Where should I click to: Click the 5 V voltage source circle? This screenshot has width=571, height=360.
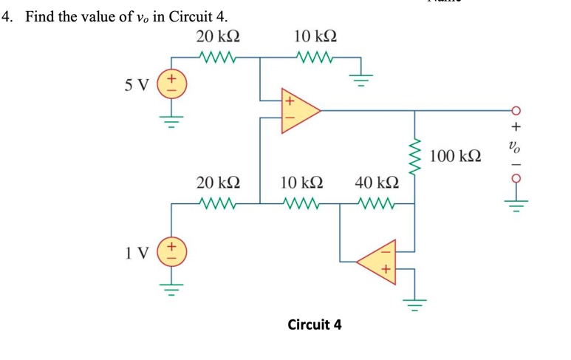coord(171,83)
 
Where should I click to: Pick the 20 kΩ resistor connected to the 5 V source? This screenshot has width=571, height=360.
coord(217,56)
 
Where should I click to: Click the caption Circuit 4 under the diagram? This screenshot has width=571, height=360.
coord(314,324)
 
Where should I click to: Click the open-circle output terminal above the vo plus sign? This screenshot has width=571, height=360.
coord(516,111)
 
